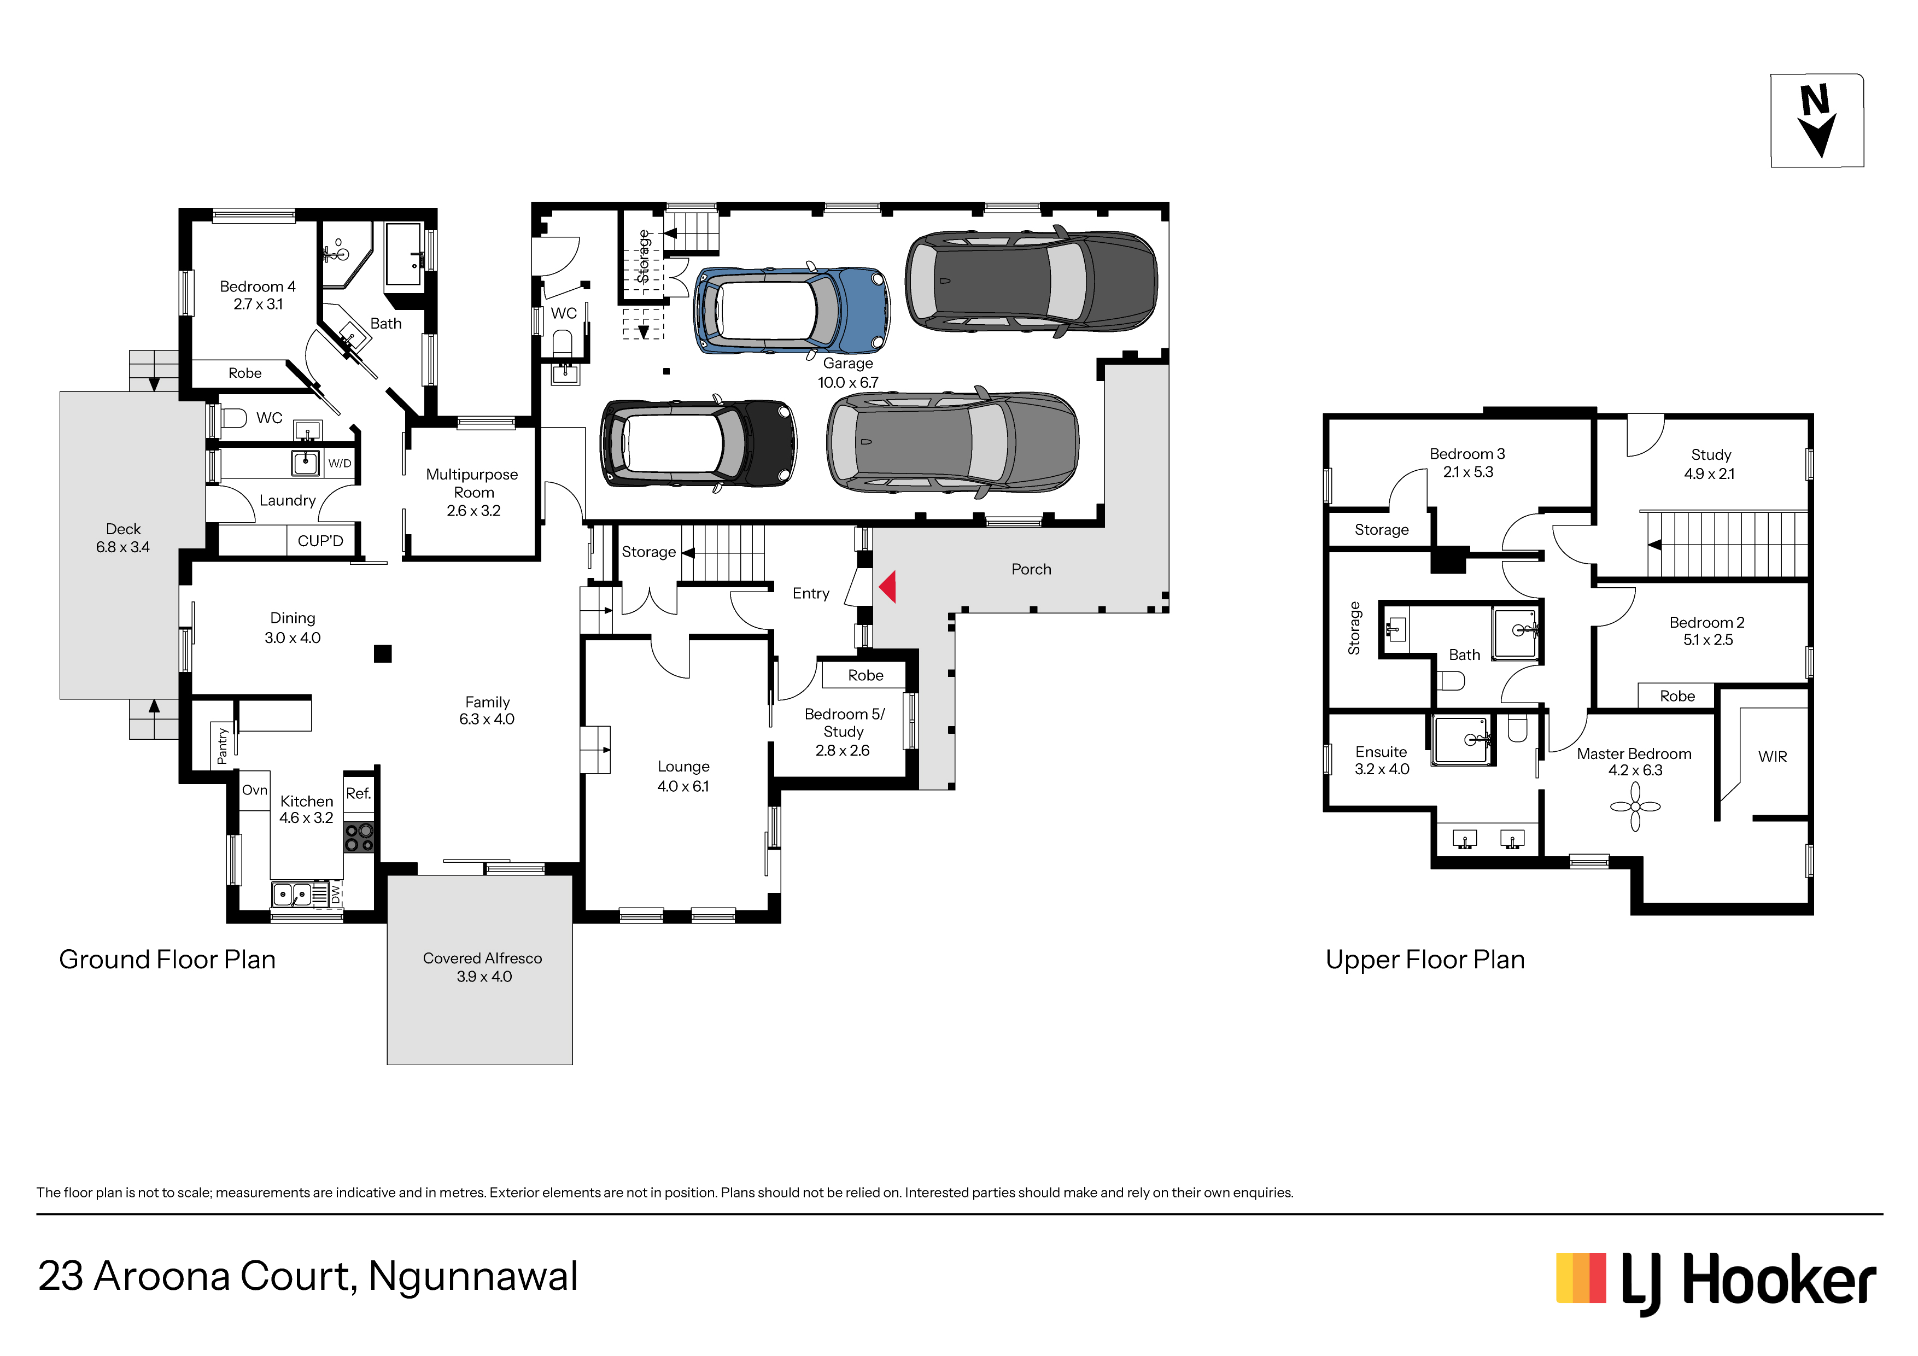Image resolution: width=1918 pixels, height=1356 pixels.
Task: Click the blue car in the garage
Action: click(792, 310)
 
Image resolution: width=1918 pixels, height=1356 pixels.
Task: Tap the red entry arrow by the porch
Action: click(888, 587)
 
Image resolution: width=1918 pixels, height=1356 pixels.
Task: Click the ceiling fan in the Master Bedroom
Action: click(1635, 806)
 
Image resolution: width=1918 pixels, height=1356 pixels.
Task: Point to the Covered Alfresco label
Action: click(482, 958)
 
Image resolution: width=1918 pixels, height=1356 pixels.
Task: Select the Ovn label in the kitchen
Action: click(255, 790)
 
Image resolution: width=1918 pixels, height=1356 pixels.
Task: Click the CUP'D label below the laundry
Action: click(320, 541)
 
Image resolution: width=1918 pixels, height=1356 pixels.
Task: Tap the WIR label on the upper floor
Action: click(1773, 756)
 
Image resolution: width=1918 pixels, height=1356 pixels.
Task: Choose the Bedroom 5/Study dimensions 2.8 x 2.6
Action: click(842, 750)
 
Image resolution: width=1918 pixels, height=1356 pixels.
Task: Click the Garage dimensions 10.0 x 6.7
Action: click(848, 383)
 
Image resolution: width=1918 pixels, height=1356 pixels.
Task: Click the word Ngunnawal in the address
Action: click(473, 1277)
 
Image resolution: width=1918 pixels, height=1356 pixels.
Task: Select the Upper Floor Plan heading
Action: click(1425, 960)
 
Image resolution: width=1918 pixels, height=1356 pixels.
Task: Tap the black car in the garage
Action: click(698, 443)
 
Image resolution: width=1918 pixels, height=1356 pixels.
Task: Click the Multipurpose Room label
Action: click(472, 483)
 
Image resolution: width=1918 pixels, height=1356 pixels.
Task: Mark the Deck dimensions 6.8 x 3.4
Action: click(123, 547)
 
